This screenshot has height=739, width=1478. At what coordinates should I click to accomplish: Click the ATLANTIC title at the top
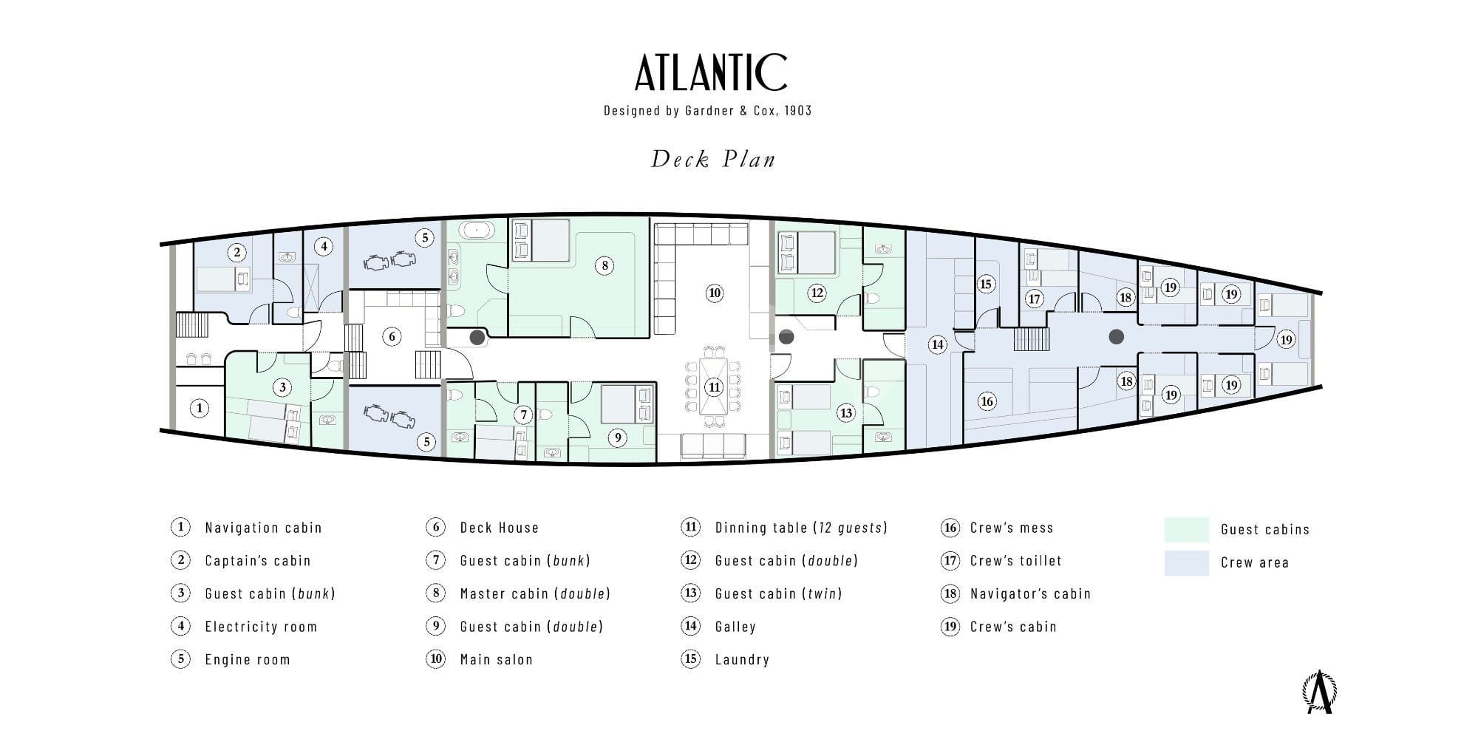coord(711,72)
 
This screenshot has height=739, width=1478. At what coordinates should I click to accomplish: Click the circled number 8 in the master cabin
coord(605,265)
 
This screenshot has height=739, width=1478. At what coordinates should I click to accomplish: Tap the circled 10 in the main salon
coord(714,293)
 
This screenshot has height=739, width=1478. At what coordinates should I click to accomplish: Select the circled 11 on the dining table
coord(714,386)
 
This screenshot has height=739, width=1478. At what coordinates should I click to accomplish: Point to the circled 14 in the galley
coord(937,344)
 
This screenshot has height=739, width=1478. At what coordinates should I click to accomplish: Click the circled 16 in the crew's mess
coord(987,401)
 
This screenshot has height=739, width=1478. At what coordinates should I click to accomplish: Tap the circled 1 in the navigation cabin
coord(199,408)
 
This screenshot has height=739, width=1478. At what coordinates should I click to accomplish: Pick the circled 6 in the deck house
coord(392,337)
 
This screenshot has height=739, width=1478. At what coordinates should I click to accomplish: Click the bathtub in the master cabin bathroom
coord(477,230)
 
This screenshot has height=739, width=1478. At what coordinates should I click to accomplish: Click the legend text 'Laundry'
coord(742,659)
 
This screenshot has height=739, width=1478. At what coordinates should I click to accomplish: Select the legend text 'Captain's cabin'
coord(257,560)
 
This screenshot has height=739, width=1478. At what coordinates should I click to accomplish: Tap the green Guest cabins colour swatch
coord(1186,529)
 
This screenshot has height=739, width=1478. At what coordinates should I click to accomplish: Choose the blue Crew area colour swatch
coord(1186,562)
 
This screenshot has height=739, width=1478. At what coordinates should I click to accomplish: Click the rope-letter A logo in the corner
coord(1320,692)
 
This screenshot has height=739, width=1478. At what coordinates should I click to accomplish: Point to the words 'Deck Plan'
coord(713,159)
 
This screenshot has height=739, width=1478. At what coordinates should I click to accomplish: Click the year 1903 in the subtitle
coord(797,111)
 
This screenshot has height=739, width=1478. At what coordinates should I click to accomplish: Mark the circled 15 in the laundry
coord(985,284)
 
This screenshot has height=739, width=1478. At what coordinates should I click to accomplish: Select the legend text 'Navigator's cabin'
coord(1030,593)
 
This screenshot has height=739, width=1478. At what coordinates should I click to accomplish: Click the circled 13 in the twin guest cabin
coord(845,412)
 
